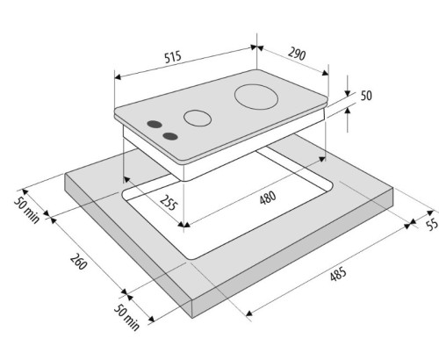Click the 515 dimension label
(x=173, y=57)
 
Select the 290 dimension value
(x=297, y=54)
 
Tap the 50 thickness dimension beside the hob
(x=366, y=96)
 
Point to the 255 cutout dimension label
(x=168, y=202)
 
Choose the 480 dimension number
(x=268, y=198)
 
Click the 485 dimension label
(x=338, y=274)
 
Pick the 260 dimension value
(x=78, y=262)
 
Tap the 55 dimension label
(x=432, y=225)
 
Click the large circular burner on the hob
(x=256, y=97)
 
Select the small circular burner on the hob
(x=198, y=119)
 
